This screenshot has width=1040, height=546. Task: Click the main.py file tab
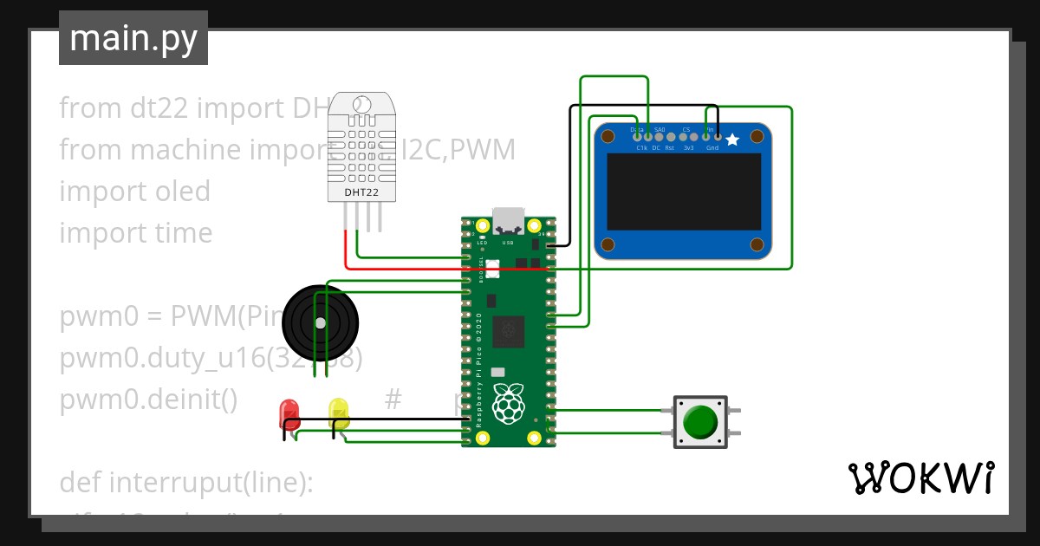(x=133, y=38)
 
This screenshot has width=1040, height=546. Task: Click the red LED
(x=289, y=413)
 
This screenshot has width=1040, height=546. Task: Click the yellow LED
(x=339, y=413)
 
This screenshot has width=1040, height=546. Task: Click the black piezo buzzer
(x=320, y=322)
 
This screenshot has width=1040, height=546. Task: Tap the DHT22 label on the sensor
(x=361, y=192)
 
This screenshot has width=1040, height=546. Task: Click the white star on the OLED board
(x=732, y=139)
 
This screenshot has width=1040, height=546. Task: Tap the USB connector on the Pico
(x=508, y=222)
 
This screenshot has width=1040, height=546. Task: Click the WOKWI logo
(x=920, y=478)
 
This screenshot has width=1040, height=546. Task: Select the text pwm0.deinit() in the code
(x=148, y=400)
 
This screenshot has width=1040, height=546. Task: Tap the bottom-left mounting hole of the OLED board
(x=608, y=244)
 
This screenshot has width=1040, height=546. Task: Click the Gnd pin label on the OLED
(x=712, y=148)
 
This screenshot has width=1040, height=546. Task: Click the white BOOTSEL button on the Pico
(x=492, y=269)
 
